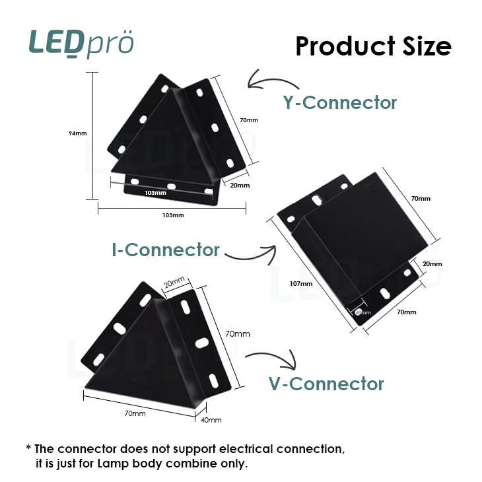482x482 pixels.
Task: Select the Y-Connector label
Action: point(340,103)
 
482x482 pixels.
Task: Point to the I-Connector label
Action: point(165,250)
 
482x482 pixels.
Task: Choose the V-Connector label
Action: point(326,384)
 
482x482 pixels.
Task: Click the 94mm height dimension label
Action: point(78,133)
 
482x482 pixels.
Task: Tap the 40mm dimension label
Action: point(211,420)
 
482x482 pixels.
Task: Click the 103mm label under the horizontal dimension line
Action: point(173,215)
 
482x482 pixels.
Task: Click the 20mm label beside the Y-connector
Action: point(240,186)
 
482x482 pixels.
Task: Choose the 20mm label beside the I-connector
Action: point(432,264)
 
